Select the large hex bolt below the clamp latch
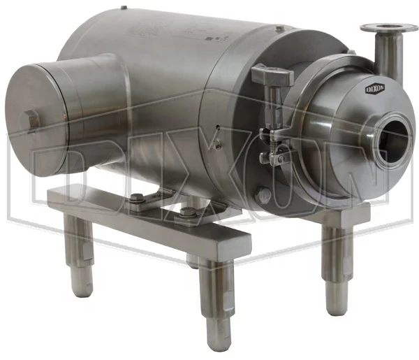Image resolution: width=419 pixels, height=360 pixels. [x=263, y=196]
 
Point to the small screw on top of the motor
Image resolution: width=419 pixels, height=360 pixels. [x=279, y=29]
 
